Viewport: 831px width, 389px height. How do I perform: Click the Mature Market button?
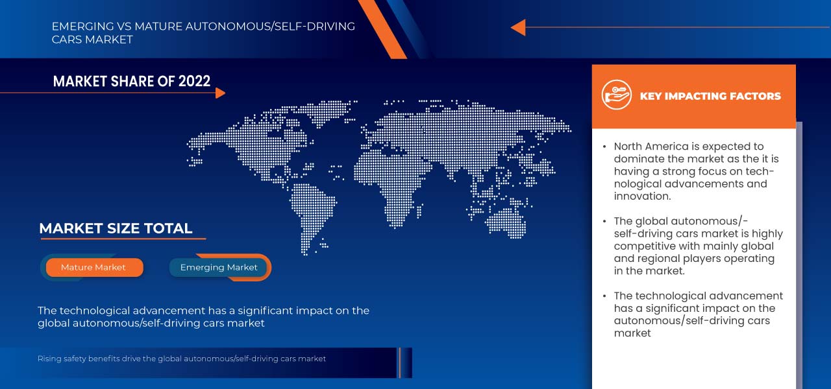coord(93,267)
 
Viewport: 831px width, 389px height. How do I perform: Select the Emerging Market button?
coord(219,267)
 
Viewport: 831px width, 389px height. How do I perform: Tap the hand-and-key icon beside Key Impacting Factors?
coord(616,95)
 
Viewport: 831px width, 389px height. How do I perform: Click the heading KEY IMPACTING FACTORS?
coord(710,96)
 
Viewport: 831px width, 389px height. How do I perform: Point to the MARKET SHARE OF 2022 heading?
coord(132,81)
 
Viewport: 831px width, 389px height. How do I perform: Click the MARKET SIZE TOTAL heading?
coord(116,228)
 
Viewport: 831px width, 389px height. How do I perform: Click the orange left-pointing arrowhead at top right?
coord(517,27)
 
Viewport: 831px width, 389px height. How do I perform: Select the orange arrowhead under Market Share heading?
coord(220,93)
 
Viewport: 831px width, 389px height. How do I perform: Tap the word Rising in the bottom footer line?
coord(49,359)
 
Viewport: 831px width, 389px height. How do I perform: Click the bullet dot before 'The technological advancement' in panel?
coord(605,296)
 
